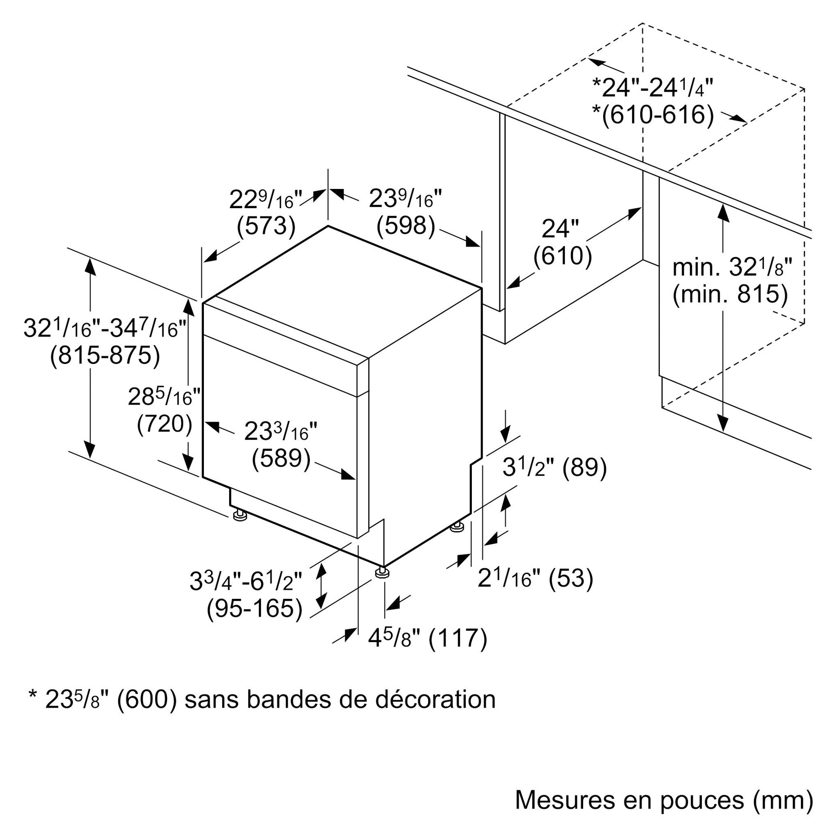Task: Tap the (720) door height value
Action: point(165,423)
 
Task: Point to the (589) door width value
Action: point(281,459)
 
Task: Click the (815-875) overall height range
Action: point(105,355)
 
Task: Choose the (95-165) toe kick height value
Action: point(254,608)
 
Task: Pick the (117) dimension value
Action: point(458,638)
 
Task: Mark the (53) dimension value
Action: point(571,578)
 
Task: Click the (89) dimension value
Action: point(584,467)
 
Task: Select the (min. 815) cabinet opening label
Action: point(730,294)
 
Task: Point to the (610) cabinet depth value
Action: point(563,255)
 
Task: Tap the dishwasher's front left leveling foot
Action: point(239,516)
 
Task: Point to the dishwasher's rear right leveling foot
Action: point(457,527)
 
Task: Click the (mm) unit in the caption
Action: point(783,800)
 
